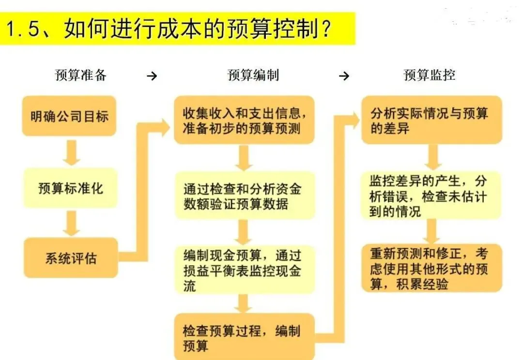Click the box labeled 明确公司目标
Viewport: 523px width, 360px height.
pos(69,116)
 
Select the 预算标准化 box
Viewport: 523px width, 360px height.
pos(71,188)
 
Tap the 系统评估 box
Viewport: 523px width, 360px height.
pos(71,257)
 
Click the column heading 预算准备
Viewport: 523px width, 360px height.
pos(81,75)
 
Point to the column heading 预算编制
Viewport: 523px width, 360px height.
pos(253,75)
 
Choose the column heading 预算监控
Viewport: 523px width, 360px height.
pos(430,75)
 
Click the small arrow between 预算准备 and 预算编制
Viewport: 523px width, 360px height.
pos(152,76)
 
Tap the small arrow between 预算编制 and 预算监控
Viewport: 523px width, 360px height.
pos(344,76)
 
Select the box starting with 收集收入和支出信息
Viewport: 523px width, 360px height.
pos(244,120)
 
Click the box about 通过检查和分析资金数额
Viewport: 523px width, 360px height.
pos(244,195)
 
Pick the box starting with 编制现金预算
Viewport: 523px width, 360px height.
pos(244,269)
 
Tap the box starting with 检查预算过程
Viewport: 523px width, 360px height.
pos(244,337)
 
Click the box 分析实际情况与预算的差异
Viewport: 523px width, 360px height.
pos(431,120)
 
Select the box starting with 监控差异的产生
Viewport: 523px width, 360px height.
pos(431,195)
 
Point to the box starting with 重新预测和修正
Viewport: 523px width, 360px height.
pos(431,268)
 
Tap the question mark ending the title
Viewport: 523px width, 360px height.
pos(325,30)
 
